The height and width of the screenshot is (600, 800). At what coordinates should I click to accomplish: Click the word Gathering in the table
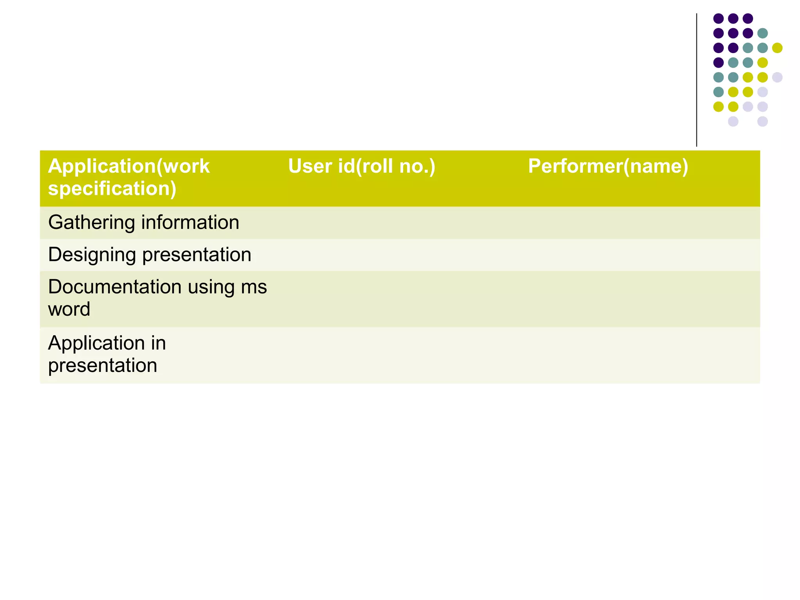click(91, 223)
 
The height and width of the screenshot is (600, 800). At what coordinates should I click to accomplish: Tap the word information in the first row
click(190, 223)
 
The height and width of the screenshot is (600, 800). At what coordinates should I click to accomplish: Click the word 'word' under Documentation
click(69, 309)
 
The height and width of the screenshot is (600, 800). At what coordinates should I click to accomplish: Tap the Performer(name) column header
click(608, 166)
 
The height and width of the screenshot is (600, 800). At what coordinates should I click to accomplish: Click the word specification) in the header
click(112, 188)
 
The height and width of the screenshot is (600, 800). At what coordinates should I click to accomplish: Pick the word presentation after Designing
click(197, 255)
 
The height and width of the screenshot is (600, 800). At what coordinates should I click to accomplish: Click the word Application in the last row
click(96, 343)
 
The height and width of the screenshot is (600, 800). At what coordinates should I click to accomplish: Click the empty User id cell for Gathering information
click(400, 223)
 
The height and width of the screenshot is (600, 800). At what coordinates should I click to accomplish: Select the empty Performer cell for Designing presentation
click(641, 255)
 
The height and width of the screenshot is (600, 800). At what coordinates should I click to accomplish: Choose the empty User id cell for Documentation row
click(400, 299)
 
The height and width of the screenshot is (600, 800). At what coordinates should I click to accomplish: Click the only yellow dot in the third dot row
click(777, 48)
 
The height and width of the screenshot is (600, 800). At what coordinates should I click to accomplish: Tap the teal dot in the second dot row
click(762, 33)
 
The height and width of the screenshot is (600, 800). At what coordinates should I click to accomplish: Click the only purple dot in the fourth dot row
click(718, 62)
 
